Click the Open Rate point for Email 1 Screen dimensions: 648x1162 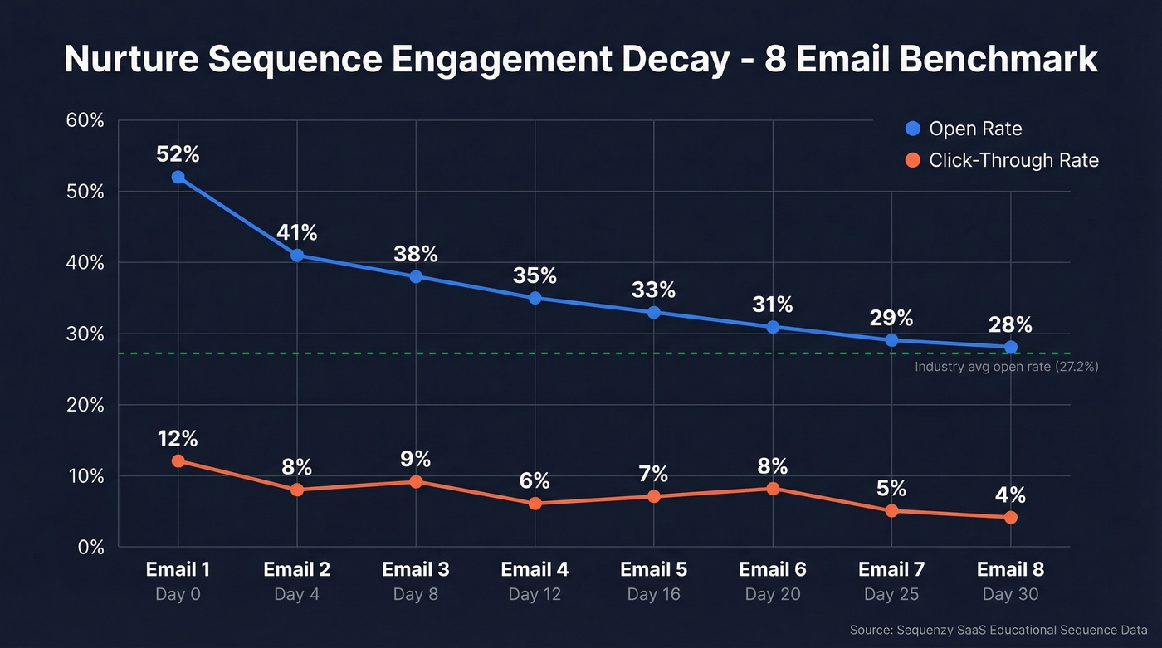pyautogui.click(x=178, y=177)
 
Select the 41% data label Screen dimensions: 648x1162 pyautogui.click(x=296, y=232)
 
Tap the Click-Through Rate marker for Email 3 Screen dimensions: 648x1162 pyautogui.click(x=416, y=482)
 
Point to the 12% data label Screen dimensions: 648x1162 pyautogui.click(x=178, y=439)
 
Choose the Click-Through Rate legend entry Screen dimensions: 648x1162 pyautogui.click(x=1002, y=160)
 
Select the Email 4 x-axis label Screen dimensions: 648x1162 pyautogui.click(x=535, y=570)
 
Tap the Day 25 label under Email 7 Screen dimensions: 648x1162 pyautogui.click(x=891, y=595)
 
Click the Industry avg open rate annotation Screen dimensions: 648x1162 pyautogui.click(x=1006, y=366)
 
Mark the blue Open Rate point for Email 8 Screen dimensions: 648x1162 pyautogui.click(x=1010, y=347)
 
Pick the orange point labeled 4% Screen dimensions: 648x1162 pyautogui.click(x=1010, y=517)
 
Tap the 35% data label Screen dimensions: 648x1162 pyautogui.click(x=535, y=275)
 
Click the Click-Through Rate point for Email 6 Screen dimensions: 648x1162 pyautogui.click(x=773, y=489)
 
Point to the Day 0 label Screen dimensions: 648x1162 pyautogui.click(x=178, y=595)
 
